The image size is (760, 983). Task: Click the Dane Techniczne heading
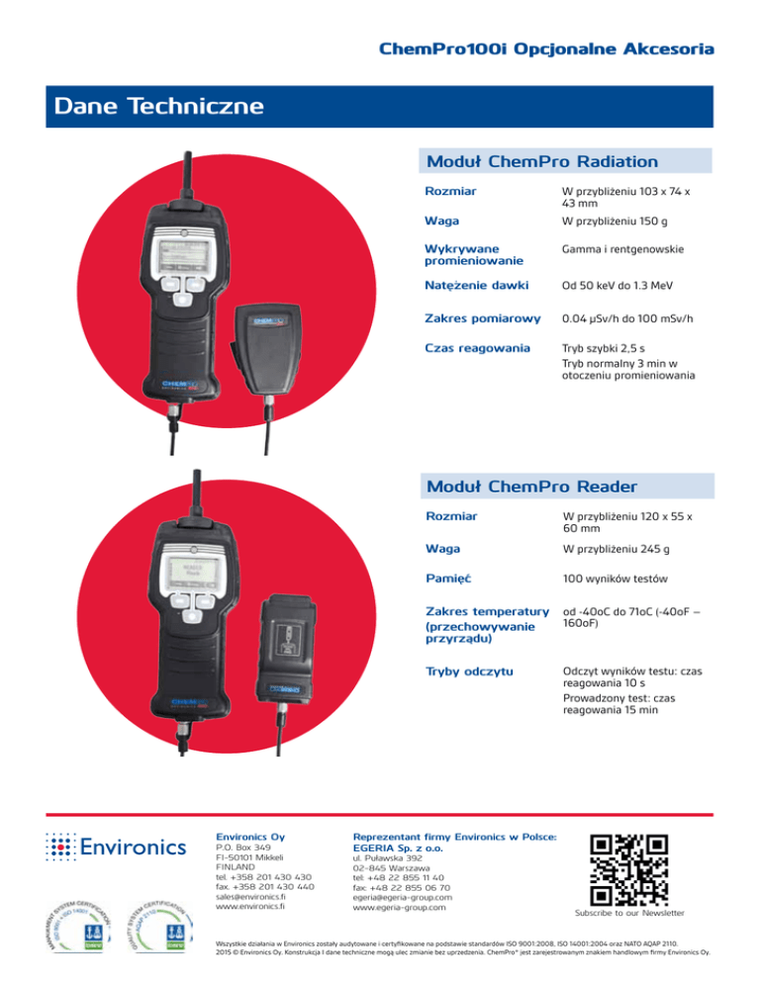[159, 105]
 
